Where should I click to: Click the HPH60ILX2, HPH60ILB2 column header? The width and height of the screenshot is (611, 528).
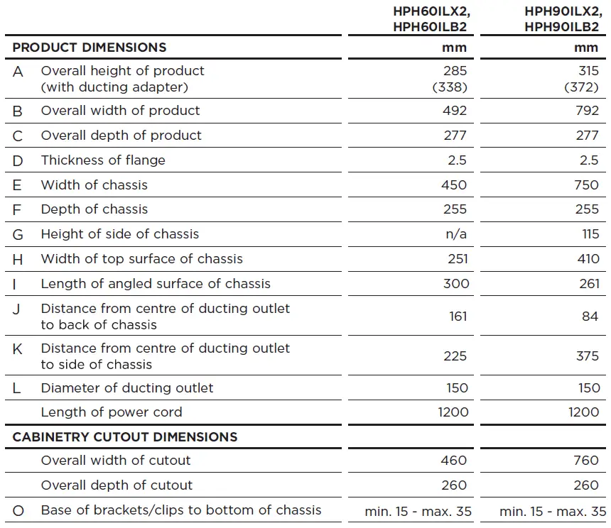(x=431, y=19)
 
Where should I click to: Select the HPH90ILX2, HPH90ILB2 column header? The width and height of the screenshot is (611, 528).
(x=561, y=19)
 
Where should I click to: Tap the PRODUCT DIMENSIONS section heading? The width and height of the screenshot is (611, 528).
(x=90, y=48)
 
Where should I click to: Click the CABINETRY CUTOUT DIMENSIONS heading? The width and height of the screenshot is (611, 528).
(x=125, y=436)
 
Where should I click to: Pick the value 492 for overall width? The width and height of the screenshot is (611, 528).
(x=455, y=111)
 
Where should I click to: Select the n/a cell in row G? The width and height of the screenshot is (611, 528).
(x=455, y=234)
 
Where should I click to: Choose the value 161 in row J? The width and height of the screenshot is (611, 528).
(x=457, y=317)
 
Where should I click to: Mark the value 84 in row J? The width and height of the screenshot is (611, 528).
(x=590, y=317)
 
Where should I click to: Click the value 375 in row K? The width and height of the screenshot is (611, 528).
(x=587, y=356)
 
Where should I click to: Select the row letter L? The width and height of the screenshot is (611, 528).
(x=17, y=388)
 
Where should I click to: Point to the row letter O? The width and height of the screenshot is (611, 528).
(x=18, y=510)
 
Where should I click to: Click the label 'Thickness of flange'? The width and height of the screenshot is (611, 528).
(x=103, y=160)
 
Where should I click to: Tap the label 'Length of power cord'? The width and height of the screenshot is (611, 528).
(x=112, y=412)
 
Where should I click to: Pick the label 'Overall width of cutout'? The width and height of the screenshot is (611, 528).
(x=116, y=461)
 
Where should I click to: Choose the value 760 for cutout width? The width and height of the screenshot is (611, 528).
(x=586, y=461)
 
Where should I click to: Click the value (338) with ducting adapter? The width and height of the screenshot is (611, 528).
(x=450, y=87)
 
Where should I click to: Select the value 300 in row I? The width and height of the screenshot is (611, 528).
(x=455, y=284)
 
